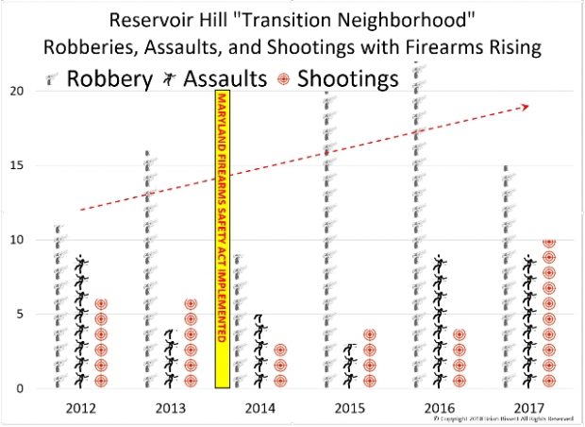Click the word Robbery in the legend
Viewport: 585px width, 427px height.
point(110,79)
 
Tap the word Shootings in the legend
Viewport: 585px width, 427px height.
point(348,79)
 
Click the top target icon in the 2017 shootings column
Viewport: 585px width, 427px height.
point(548,242)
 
